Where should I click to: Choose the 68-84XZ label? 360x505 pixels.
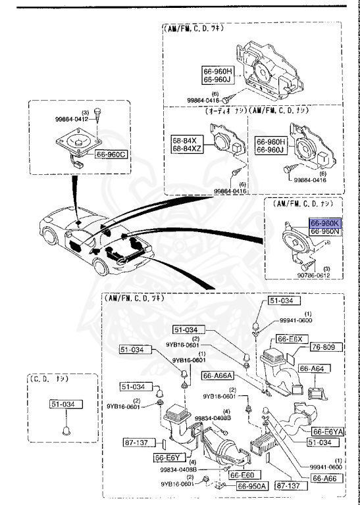pos(189,149)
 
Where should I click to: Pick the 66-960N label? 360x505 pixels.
pos(325,231)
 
